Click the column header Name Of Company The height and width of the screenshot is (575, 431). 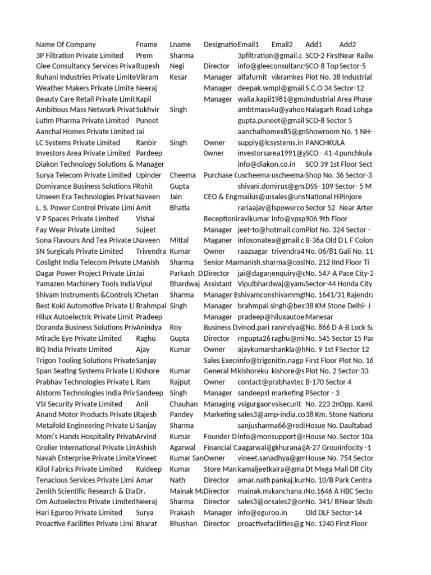point(66,44)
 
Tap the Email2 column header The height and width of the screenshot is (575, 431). point(282,44)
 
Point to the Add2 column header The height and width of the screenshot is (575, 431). point(347,44)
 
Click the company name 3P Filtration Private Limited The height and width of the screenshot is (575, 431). point(80,56)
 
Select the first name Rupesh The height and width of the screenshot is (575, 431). point(148,66)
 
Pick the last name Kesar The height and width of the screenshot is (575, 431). point(178,77)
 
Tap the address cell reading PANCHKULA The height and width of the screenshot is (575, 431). point(325,143)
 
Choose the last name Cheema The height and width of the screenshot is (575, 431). point(182,175)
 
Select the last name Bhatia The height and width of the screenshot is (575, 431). point(180,208)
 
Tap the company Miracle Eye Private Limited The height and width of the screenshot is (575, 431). point(79,339)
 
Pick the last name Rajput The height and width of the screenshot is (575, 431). point(181,382)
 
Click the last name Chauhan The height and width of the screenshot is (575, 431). point(184,404)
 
